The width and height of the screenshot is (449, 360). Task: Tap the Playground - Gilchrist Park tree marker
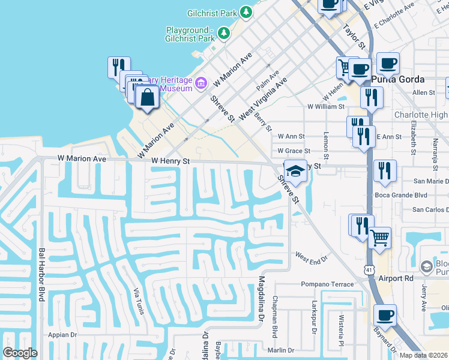(x=224, y=32)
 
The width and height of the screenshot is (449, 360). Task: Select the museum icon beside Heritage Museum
(x=202, y=83)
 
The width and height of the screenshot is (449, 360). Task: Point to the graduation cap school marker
(x=295, y=170)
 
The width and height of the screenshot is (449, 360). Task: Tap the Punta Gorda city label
(x=398, y=79)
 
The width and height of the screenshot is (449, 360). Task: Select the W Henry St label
(x=170, y=161)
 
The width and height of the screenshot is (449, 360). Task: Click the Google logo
(x=20, y=353)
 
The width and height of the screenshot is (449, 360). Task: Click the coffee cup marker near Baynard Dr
(x=385, y=314)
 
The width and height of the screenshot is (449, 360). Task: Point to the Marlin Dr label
(x=282, y=350)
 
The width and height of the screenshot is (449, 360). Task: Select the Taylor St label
(x=354, y=37)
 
